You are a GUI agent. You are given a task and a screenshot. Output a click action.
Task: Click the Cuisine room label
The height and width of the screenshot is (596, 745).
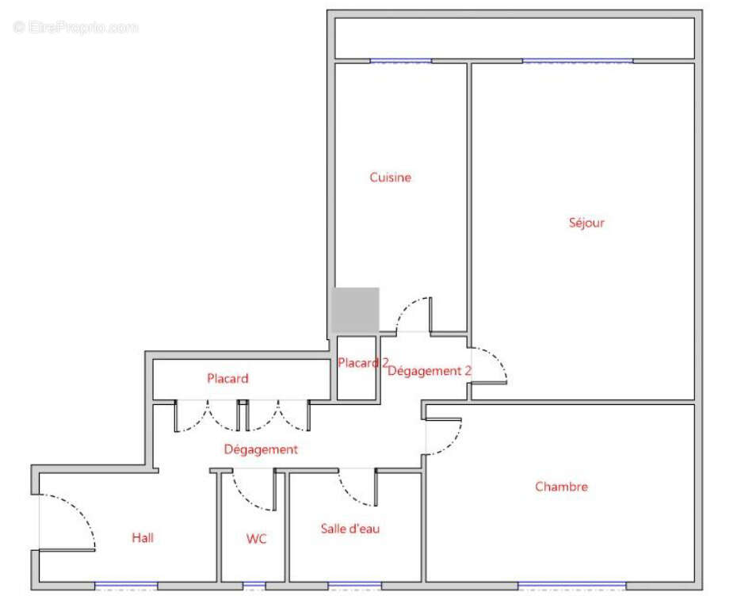click(390, 178)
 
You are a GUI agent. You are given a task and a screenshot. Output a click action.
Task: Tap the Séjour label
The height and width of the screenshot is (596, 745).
click(586, 223)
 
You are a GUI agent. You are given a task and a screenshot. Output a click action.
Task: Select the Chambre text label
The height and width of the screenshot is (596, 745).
click(561, 487)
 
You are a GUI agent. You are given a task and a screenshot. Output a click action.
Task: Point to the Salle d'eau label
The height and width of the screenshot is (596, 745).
click(350, 529)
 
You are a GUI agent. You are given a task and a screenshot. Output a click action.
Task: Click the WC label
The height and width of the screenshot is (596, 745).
click(256, 539)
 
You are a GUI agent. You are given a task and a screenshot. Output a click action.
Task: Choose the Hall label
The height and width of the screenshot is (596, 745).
click(143, 538)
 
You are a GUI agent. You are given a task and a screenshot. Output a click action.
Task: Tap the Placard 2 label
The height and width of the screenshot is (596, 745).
click(363, 363)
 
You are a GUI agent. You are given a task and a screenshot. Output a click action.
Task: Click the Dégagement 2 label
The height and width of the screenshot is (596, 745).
click(430, 371)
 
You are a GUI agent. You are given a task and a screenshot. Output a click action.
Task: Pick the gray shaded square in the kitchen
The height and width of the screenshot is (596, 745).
click(355, 310)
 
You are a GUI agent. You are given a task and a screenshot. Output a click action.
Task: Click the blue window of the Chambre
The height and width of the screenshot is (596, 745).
click(571, 586)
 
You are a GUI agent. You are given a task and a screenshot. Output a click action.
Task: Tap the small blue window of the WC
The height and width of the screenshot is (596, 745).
click(254, 586)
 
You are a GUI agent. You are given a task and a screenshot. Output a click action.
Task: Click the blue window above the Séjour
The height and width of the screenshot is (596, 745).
click(577, 61)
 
